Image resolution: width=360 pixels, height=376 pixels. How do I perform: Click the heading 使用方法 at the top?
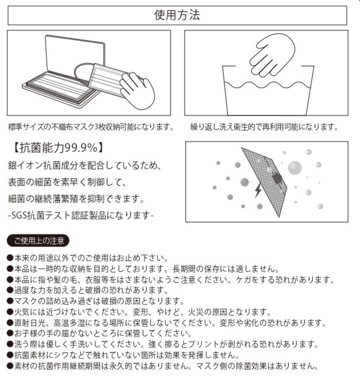177,15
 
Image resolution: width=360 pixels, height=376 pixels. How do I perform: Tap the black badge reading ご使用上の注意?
38,241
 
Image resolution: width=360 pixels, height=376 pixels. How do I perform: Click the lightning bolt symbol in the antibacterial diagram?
258,190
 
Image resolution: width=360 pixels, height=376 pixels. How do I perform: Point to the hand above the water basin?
272,55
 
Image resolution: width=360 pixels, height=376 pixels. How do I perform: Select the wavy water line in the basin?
268,85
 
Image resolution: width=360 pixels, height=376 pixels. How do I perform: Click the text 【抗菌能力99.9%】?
57,147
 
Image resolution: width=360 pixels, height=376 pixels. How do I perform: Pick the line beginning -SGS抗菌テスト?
80,215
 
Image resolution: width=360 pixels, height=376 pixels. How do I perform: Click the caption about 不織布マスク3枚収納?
91,127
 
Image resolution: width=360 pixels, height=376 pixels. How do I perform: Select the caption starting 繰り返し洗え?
264,127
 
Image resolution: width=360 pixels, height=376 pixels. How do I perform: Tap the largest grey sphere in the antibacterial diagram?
295,168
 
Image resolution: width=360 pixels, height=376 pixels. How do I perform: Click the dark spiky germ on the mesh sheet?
277,179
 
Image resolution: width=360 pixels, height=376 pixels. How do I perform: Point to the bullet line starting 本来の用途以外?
88,258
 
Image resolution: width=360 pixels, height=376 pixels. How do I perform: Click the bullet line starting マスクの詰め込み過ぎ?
96,301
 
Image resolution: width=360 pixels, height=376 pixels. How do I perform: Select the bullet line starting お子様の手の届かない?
100,333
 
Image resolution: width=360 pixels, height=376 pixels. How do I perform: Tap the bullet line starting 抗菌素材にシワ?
123,355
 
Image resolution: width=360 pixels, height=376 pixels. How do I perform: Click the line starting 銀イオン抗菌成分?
84,165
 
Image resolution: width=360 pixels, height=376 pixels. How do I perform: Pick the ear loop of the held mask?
83,73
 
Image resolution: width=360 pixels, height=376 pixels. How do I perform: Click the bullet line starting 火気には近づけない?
139,312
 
